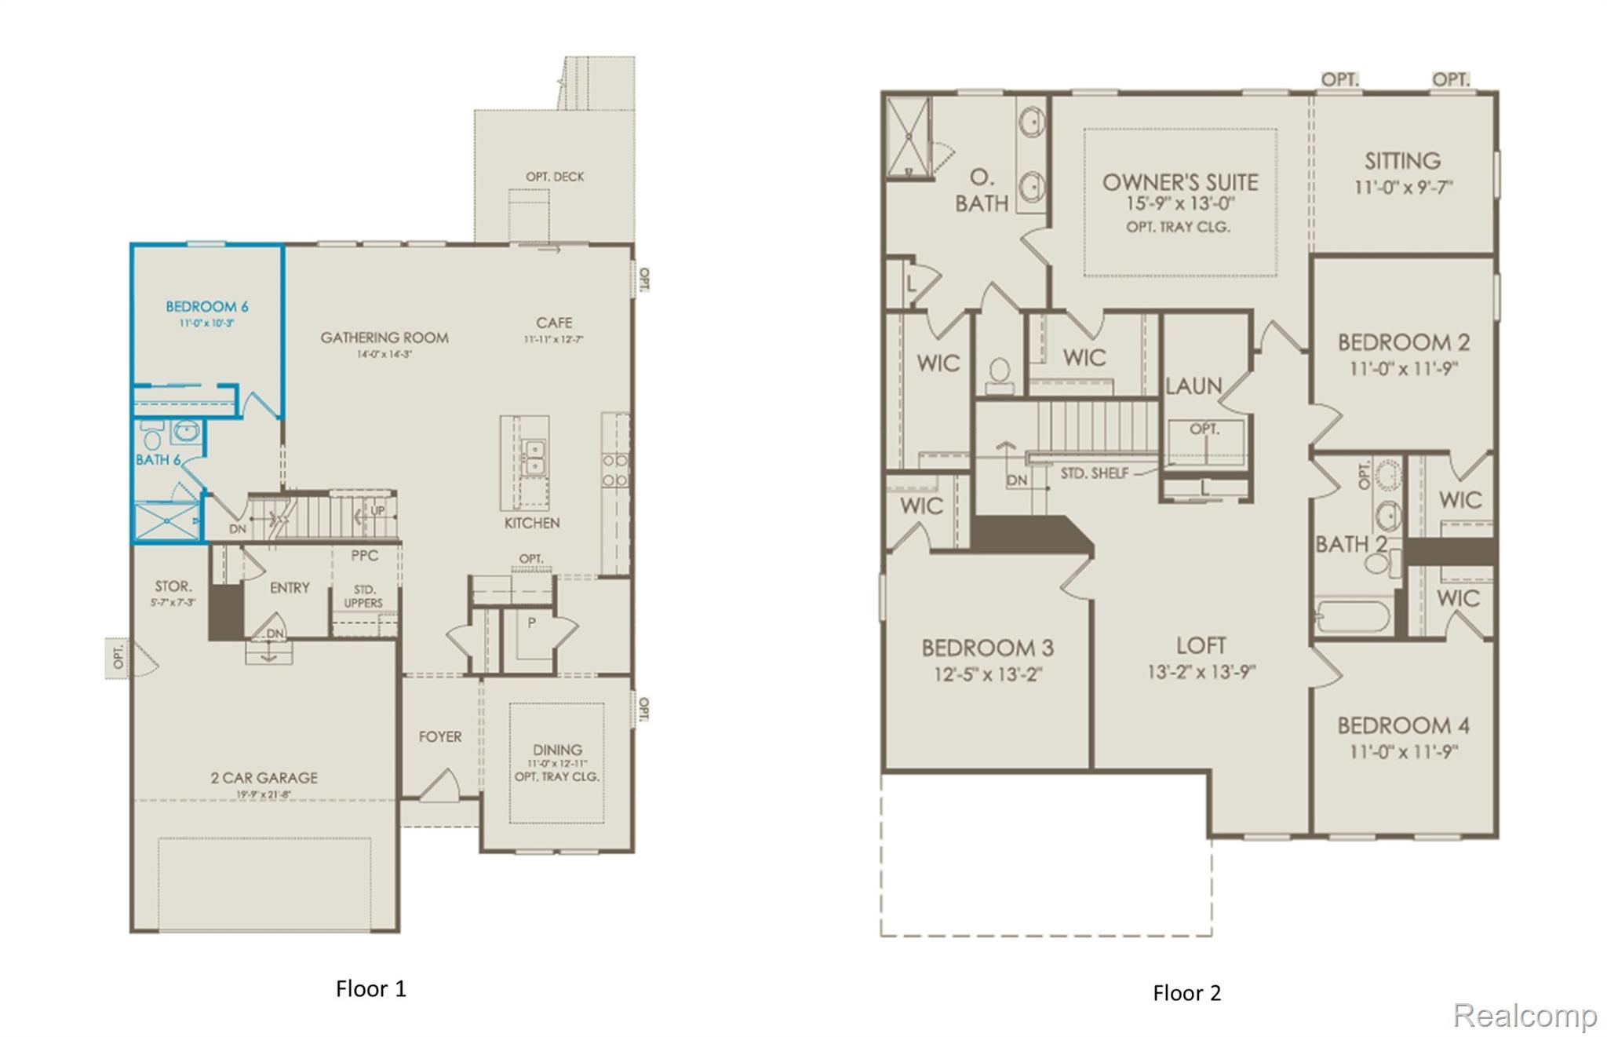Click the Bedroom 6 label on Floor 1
206,306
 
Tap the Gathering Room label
384,338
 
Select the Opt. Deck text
555,177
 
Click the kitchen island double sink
534,457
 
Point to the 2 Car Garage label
264,777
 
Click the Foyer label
439,736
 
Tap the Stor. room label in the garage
173,586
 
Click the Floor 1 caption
371,988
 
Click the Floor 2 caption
1186,993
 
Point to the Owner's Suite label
1180,182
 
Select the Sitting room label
1402,161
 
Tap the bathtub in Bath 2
1353,616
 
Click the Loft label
1201,645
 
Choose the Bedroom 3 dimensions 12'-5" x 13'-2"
987,674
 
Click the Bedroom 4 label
1403,725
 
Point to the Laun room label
1193,385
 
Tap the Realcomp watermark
1525,1015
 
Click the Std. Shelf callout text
1095,473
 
